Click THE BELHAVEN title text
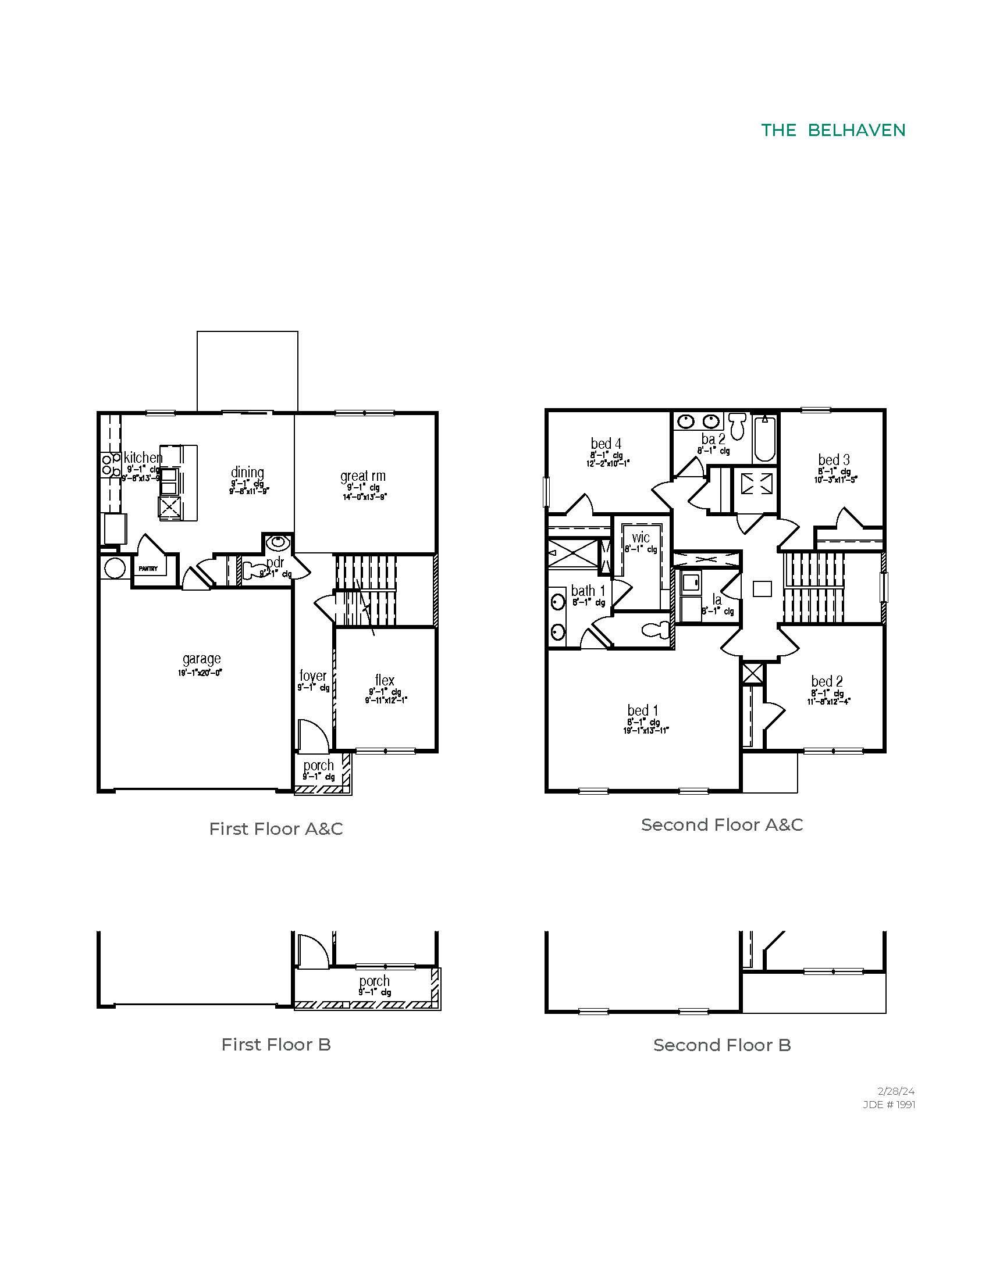(x=833, y=131)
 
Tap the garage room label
(x=201, y=659)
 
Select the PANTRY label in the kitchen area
(x=148, y=569)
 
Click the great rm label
(x=362, y=476)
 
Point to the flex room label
(x=385, y=680)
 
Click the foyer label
(x=312, y=676)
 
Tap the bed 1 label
(x=643, y=710)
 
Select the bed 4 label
(x=606, y=444)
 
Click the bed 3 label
(x=834, y=460)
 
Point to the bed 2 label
(x=827, y=681)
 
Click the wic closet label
(x=641, y=538)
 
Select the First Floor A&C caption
(x=276, y=828)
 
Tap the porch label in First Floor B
(x=375, y=981)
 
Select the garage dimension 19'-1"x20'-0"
(x=200, y=673)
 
